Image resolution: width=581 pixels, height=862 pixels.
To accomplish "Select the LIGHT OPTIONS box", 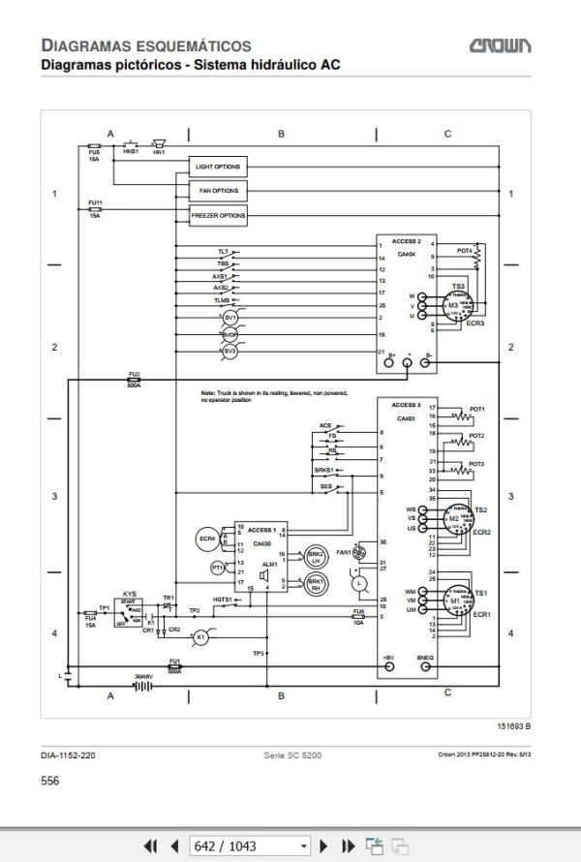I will (217, 167).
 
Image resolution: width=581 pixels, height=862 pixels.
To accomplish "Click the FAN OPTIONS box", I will (217, 191).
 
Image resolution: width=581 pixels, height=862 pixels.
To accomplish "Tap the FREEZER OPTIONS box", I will (217, 215).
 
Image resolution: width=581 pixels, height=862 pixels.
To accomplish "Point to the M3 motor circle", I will (453, 306).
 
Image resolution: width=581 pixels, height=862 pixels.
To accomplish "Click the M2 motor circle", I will (452, 519).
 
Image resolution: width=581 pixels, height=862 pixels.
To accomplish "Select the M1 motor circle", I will (452, 601).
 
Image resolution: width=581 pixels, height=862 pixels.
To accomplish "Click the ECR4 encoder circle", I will (205, 538).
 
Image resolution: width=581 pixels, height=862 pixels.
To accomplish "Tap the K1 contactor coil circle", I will (201, 636).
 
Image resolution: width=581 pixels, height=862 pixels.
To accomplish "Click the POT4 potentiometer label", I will (464, 250).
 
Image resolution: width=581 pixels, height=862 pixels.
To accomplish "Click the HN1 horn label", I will (159, 153).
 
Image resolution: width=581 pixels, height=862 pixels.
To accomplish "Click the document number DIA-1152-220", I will (68, 754).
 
